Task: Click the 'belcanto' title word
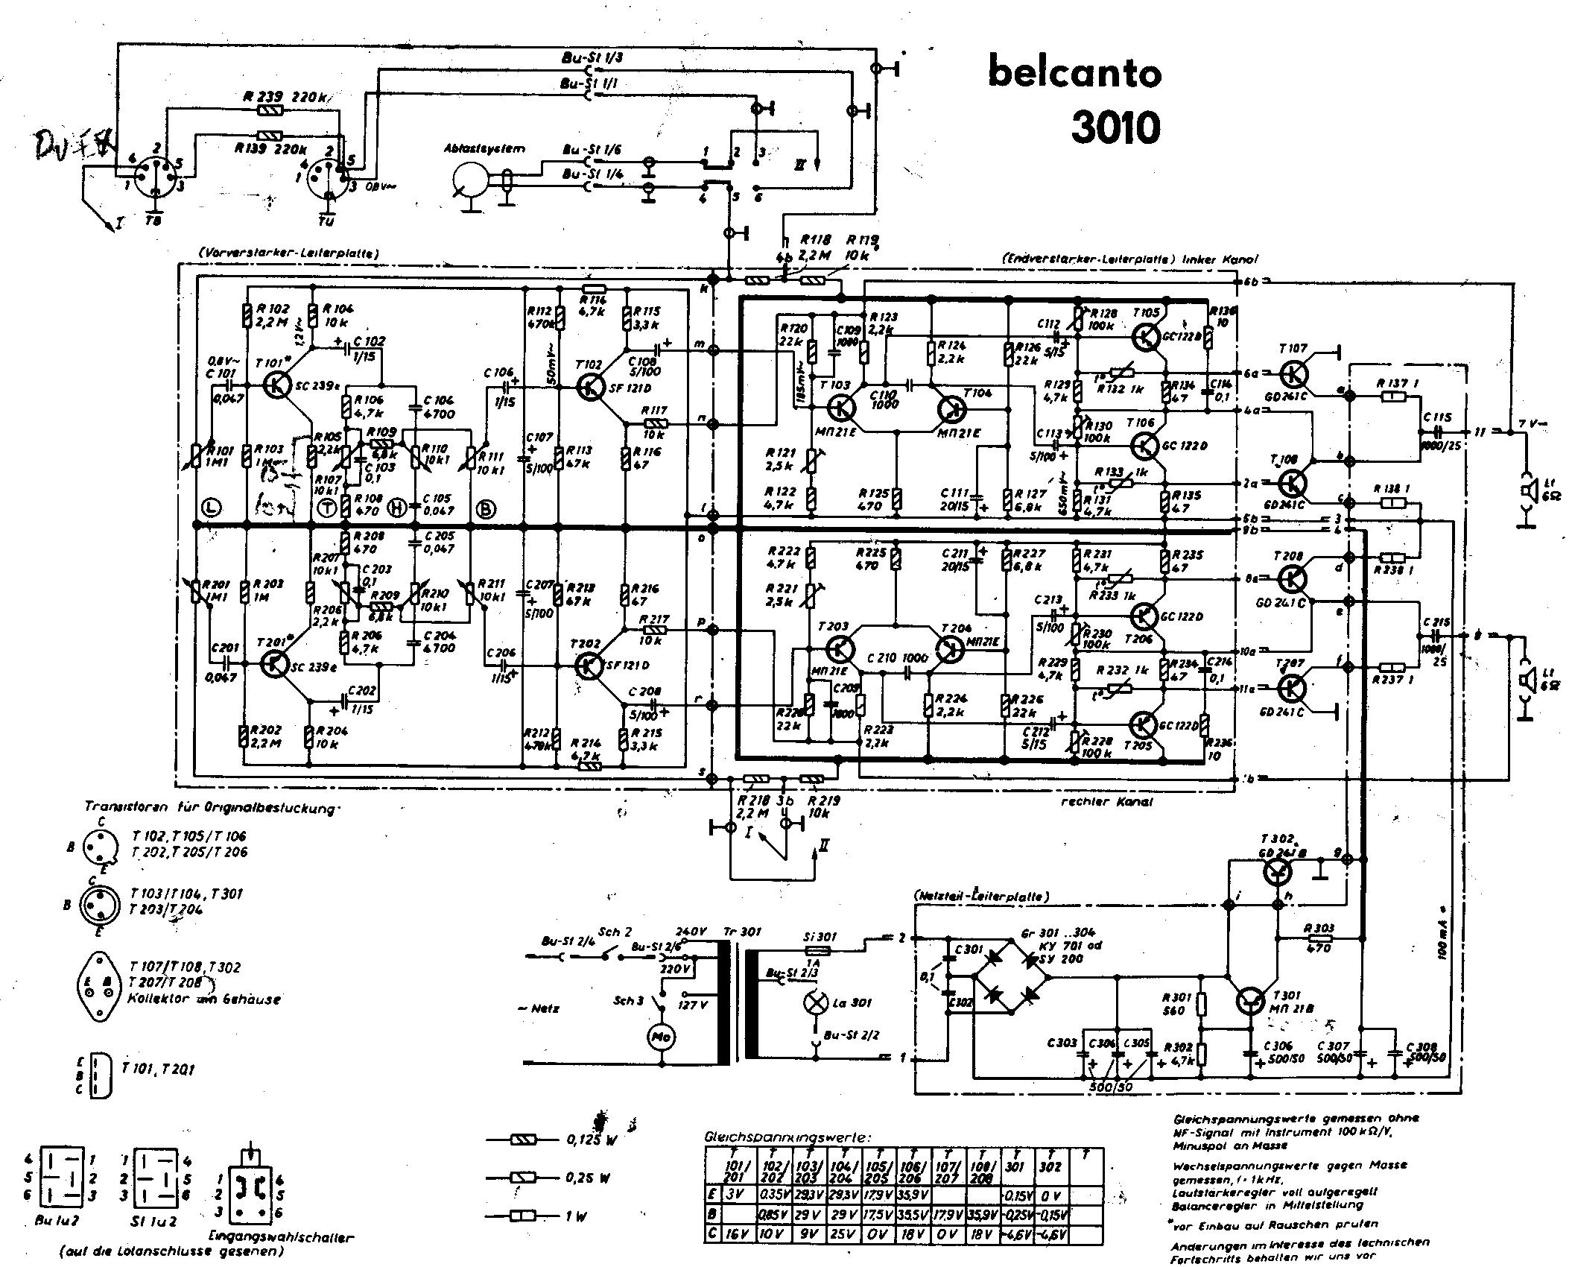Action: click(1074, 73)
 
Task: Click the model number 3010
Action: click(1115, 127)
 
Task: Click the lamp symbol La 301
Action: click(814, 1002)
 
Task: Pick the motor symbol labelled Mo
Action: click(659, 1038)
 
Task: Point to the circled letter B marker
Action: click(486, 508)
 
